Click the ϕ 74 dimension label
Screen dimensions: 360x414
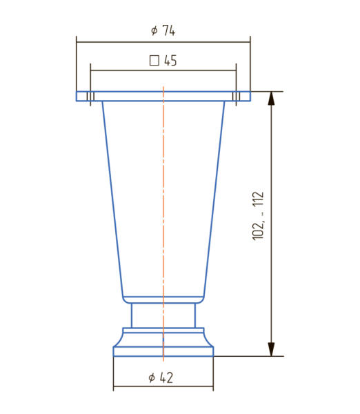click(x=163, y=30)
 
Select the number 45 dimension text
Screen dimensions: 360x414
click(x=170, y=61)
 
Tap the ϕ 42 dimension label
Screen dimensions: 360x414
click(x=161, y=377)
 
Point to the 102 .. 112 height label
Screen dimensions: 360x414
click(x=258, y=216)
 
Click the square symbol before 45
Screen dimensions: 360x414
click(x=154, y=61)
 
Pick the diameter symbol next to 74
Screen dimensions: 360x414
click(x=154, y=30)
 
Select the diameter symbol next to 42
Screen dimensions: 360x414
click(x=152, y=378)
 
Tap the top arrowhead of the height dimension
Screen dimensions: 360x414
click(x=271, y=98)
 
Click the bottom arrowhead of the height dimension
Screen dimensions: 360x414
click(x=271, y=349)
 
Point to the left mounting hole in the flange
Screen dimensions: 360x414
click(x=90, y=96)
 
